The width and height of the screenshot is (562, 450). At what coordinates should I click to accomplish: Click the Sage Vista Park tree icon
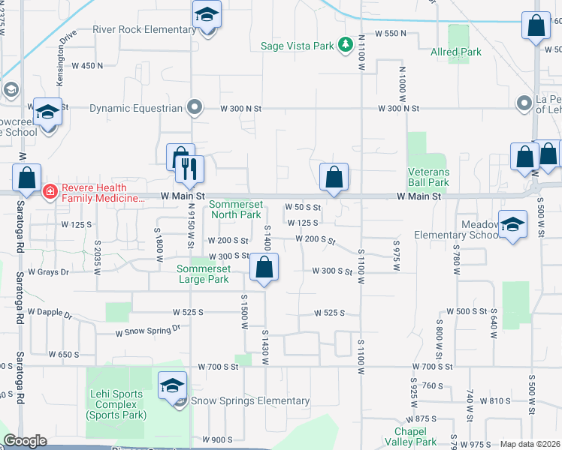point(346,46)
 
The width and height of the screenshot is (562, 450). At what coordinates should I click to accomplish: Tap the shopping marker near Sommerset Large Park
point(264,267)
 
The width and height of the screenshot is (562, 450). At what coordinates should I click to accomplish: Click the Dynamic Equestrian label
point(136,108)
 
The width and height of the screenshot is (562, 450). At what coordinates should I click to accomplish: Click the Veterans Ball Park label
point(428,177)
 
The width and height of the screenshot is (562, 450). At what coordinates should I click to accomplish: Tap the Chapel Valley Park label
point(415,436)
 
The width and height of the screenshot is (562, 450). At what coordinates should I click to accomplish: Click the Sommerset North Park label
point(235,209)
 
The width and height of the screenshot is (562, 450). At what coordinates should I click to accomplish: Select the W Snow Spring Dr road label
point(148,330)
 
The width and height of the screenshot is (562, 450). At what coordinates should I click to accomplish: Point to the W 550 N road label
point(391,34)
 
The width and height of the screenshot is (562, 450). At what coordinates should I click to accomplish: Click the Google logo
point(25,441)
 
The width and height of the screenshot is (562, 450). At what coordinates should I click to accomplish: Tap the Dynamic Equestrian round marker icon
point(195,107)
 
